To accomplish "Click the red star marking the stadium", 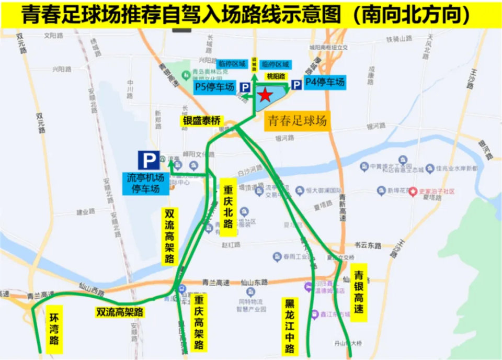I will pyautogui.click(x=265, y=95).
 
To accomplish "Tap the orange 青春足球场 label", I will pyautogui.click(x=297, y=121).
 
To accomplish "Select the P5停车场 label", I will pyautogui.click(x=214, y=87).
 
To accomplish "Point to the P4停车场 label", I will pyautogui.click(x=325, y=82).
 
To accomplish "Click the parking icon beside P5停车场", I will pyautogui.click(x=245, y=87).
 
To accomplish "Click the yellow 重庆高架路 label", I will pyautogui.click(x=199, y=322).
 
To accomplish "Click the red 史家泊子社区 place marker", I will pyautogui.click(x=414, y=192).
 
